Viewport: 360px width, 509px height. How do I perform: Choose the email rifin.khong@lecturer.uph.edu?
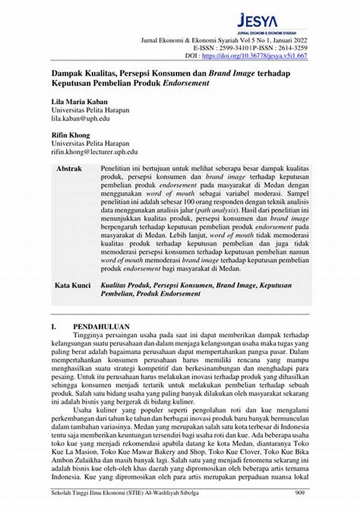[95, 152]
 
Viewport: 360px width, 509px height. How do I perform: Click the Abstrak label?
[68, 169]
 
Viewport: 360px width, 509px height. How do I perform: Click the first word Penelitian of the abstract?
[118, 169]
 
